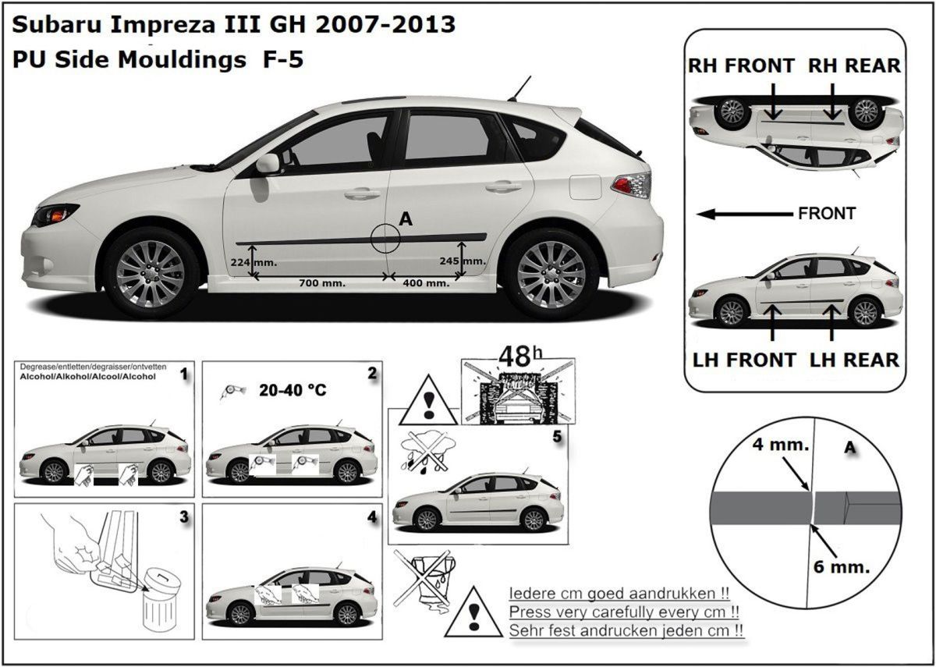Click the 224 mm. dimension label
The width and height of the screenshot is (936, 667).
tap(253, 262)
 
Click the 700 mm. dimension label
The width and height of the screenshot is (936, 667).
tap(322, 283)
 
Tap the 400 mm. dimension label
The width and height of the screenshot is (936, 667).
tap(426, 283)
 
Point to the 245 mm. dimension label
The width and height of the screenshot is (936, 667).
tap(463, 260)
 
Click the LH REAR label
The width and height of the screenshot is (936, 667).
tap(854, 360)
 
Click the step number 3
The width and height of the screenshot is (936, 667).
tap(183, 516)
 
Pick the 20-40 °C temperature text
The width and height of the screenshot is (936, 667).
tap(292, 391)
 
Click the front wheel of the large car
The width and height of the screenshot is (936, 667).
tap(151, 273)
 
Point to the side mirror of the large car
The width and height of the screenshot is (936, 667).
tap(268, 163)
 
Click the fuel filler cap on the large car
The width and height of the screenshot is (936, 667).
tap(585, 186)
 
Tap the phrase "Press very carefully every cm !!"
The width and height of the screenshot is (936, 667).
tap(624, 612)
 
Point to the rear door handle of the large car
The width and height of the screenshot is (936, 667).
tap(502, 186)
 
